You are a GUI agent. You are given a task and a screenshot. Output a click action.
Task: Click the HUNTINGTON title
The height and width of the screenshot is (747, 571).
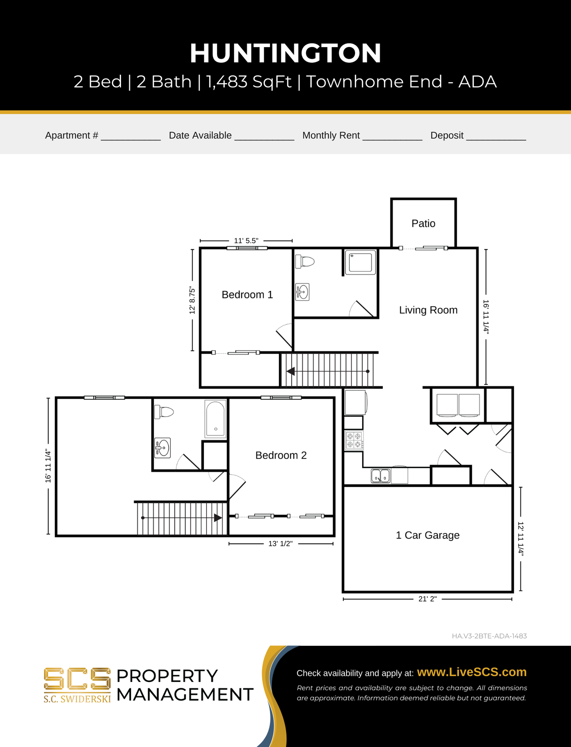(285, 53)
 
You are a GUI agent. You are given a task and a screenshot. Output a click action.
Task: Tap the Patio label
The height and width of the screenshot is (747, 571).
(423, 223)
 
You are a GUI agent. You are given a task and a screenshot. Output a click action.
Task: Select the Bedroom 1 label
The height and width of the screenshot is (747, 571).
(247, 295)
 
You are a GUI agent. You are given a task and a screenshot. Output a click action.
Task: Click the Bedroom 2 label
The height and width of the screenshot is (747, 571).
(281, 455)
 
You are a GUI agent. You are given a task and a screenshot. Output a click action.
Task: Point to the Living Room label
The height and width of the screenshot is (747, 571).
(428, 310)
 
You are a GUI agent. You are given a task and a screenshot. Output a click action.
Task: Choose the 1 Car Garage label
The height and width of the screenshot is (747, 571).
(427, 535)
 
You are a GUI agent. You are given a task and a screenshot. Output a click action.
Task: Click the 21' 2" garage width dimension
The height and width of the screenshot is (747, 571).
(427, 599)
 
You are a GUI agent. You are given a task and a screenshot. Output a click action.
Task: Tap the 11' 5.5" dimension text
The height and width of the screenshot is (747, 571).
(246, 240)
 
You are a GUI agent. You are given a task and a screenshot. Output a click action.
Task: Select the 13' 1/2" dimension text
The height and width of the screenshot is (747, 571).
(280, 544)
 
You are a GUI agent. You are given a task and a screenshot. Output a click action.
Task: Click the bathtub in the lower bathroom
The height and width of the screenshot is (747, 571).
(215, 419)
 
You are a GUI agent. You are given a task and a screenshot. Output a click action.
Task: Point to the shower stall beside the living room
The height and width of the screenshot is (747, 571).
(361, 263)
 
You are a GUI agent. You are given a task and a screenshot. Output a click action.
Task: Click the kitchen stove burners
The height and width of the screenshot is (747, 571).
(354, 440)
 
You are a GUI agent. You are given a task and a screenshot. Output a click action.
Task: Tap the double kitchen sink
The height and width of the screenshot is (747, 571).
(380, 475)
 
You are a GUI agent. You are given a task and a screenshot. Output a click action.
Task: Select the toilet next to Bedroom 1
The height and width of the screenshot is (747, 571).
(305, 261)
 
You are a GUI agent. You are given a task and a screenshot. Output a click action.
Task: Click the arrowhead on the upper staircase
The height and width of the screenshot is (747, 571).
(290, 372)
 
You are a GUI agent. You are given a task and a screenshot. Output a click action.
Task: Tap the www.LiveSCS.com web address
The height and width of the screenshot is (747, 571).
(471, 672)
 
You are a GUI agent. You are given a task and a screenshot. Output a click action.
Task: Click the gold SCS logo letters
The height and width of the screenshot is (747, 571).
(77, 679)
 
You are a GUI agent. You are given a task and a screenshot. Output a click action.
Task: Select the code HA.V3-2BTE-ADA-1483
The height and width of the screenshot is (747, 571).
(489, 636)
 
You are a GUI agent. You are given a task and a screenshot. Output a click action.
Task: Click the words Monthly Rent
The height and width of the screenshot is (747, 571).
(331, 135)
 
